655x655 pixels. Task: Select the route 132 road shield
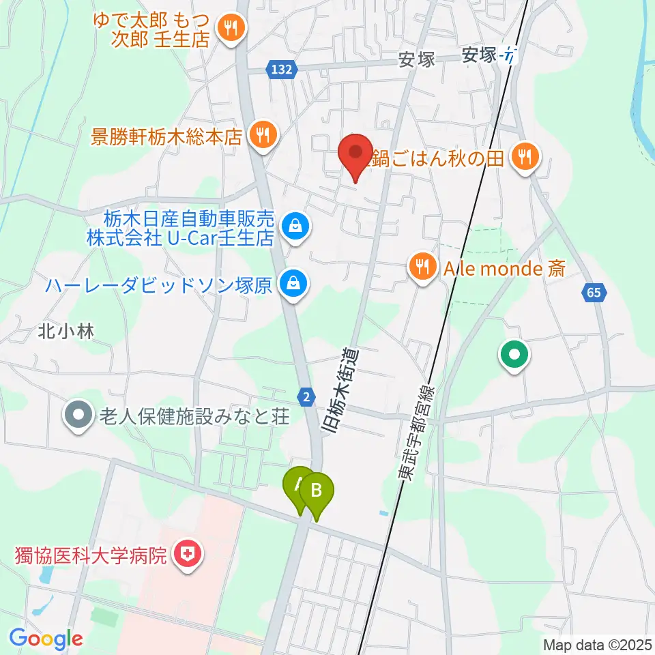(280, 69)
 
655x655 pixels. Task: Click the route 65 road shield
(594, 293)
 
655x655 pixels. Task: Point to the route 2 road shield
(308, 396)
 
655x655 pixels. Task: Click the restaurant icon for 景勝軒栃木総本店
(262, 134)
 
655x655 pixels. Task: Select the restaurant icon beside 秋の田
(525, 158)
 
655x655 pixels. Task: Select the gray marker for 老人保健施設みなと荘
(79, 414)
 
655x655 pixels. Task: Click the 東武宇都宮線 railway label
(416, 437)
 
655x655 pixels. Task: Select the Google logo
(46, 638)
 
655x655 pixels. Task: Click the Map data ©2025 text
(596, 644)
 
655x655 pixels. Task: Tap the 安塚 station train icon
(508, 55)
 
